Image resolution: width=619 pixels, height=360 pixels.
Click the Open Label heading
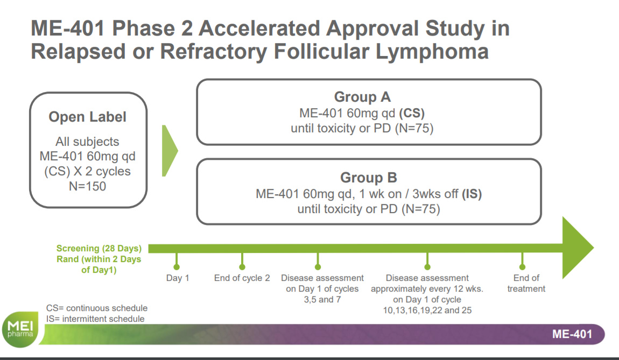point(87,117)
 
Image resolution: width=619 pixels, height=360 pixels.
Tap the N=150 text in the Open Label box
point(87,186)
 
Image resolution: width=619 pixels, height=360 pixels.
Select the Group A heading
point(362,97)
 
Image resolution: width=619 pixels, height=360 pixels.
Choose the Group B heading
point(369,178)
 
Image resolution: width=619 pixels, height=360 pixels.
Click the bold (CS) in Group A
point(412,114)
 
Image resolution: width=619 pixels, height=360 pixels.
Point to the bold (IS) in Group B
point(472,194)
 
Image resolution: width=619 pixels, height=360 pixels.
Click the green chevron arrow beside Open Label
point(170,151)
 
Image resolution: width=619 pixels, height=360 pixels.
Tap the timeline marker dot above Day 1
point(177,267)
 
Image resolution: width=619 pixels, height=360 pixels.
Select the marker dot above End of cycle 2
point(242,267)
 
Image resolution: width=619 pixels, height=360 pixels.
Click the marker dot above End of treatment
point(522,267)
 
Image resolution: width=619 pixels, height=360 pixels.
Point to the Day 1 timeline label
point(178,278)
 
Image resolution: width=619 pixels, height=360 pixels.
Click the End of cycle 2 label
point(242,278)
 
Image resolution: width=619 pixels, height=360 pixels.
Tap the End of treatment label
point(526,284)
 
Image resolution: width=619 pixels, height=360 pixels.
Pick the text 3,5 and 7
point(322,300)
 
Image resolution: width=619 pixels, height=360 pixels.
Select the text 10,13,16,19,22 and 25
point(427,310)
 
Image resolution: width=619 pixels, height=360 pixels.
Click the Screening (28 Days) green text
point(99,248)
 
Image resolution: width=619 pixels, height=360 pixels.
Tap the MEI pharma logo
point(20,329)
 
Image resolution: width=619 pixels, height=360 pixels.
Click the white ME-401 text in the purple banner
point(572,334)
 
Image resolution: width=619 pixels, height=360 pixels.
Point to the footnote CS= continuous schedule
point(97,308)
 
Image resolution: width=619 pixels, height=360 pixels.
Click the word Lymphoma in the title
point(432,52)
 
